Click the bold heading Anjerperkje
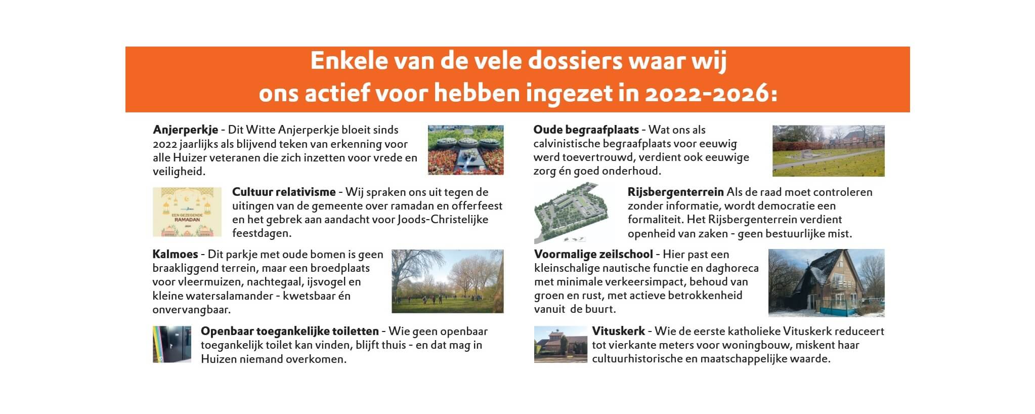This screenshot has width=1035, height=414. point(185,130)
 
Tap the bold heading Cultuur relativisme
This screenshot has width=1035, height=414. point(284,192)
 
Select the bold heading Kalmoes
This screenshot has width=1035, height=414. point(175,254)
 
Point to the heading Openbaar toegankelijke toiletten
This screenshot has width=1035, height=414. point(290,332)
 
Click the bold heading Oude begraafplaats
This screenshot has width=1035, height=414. point(586,130)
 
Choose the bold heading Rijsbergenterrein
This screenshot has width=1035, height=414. point(675,192)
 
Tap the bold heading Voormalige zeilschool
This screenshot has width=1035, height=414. point(593,254)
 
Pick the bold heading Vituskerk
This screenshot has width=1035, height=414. point(619,332)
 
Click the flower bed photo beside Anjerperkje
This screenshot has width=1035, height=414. point(466,150)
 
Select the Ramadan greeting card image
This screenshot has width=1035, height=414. point(187,212)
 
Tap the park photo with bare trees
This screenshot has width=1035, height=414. point(448,281)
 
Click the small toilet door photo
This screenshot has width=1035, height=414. point(172,344)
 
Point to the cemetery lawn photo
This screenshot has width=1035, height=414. point(829,151)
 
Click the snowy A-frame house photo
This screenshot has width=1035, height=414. point(827,283)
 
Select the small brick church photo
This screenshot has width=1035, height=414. point(560,345)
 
